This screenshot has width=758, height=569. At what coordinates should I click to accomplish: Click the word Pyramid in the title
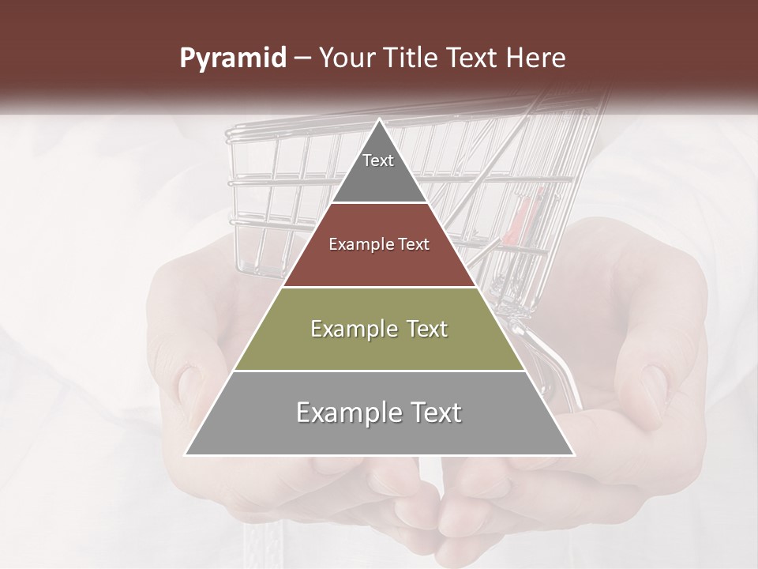pos(233,58)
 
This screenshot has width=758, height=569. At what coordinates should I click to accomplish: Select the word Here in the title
pos(536,58)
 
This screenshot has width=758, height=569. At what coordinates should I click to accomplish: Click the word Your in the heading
pos(347,58)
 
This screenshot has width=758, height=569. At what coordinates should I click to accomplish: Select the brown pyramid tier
pos(379,261)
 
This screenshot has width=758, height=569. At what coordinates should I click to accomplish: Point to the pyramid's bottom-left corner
pos(186,454)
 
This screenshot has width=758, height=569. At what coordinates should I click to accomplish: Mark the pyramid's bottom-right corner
pos(573,454)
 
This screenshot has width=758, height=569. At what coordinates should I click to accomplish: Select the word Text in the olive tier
pos(422,329)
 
